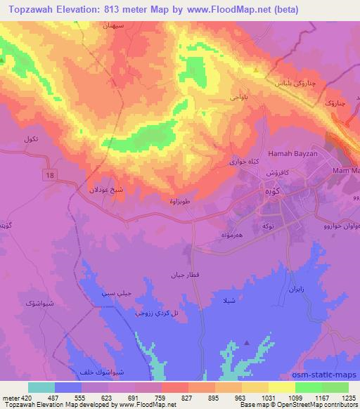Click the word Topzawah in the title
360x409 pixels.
pos(30,10)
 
